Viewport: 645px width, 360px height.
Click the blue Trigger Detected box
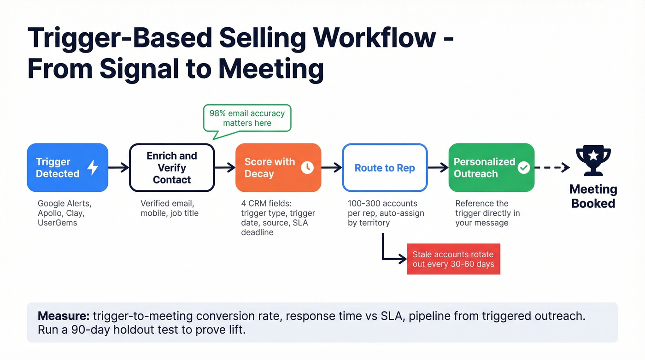coord(67,168)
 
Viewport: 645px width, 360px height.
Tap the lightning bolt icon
coord(93,167)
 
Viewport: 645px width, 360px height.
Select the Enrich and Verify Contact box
coord(172,168)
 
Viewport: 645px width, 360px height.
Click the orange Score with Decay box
coord(277,168)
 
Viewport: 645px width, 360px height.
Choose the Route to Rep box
coord(385,168)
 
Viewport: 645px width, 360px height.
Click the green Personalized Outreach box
coord(491,168)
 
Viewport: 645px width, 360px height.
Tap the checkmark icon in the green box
coord(523,168)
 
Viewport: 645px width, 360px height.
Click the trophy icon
coord(593,161)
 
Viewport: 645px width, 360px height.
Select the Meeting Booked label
coord(593,196)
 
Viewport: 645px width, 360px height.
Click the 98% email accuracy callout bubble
coord(247,118)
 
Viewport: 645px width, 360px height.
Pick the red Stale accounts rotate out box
coord(453,260)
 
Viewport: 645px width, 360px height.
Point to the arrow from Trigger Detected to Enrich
coord(119,168)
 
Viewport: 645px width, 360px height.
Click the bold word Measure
coord(63,316)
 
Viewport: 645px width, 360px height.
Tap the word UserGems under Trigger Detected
coord(58,223)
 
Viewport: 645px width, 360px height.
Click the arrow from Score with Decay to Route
coord(331,168)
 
